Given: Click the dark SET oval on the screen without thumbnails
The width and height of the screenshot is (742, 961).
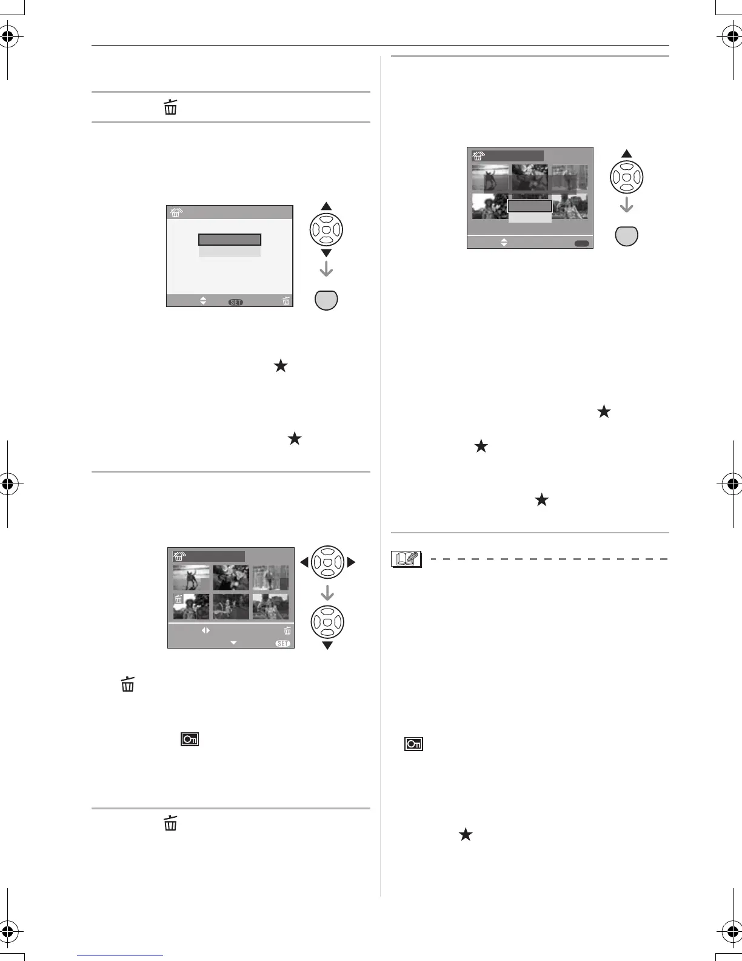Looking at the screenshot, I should (235, 302).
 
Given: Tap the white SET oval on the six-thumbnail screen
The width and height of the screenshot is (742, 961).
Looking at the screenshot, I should (282, 643).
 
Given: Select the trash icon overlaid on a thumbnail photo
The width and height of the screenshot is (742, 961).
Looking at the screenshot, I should (179, 599).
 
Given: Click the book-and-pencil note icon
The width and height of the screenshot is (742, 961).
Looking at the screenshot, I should (406, 559).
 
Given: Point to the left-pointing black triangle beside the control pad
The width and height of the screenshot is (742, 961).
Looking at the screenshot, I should (304, 562).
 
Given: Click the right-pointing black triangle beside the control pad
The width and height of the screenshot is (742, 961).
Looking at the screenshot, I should (351, 562).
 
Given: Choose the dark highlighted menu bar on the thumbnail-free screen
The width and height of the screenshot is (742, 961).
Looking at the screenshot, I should (230, 240).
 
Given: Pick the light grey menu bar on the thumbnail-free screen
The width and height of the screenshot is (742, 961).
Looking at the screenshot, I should (230, 251).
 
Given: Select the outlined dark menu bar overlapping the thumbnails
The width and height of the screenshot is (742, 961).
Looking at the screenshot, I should (529, 206).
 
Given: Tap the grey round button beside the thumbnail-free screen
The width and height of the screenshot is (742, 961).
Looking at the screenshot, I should (326, 300).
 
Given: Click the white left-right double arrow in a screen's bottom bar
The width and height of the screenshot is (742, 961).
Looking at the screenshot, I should (206, 630).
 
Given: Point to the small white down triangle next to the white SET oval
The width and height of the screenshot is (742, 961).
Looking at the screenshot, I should (233, 643).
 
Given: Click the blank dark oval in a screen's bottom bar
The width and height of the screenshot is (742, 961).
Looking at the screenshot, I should (581, 243).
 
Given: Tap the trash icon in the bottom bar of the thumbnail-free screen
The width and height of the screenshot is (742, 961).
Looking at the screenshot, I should (286, 300).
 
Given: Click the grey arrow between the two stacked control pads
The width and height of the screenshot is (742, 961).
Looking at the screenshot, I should (327, 592).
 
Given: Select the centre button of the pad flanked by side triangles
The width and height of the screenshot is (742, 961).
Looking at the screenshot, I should (327, 562).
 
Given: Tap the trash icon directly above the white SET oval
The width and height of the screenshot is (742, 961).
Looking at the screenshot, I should (287, 631).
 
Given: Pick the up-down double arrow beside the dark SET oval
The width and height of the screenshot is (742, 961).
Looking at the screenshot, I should (203, 300).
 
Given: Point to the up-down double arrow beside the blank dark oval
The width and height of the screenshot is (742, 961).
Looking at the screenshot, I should (503, 242).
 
